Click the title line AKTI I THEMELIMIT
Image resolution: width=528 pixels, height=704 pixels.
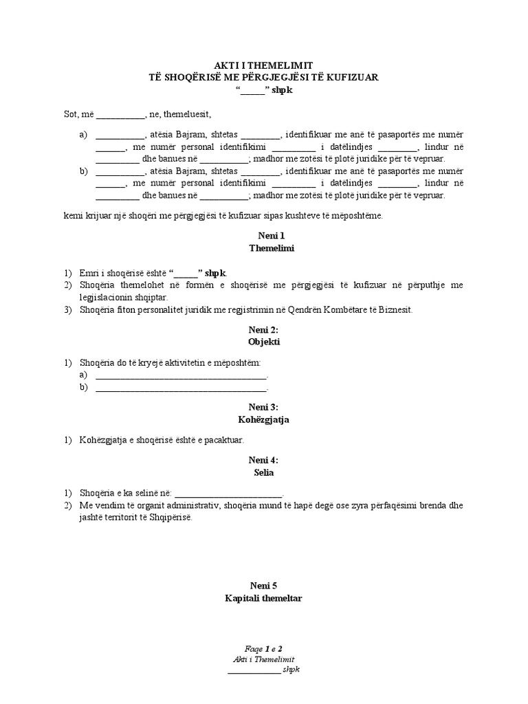264,65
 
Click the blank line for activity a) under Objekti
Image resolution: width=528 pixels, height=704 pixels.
180,375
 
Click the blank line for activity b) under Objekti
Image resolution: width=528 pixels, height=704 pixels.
180,388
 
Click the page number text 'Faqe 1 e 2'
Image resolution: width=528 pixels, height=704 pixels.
264,648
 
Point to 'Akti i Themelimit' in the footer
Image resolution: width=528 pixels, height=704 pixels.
264,659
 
